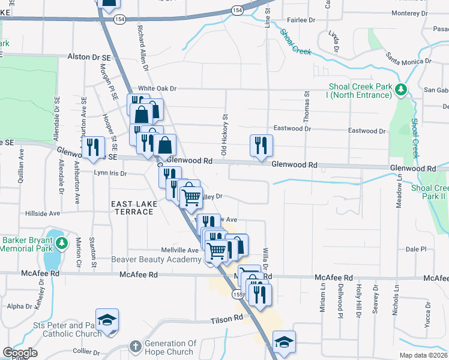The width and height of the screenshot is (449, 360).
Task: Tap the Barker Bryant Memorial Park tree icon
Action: click(62, 243)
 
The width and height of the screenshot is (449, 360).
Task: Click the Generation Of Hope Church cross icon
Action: click(136, 347)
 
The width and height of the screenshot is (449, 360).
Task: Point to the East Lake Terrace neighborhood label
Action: click(134, 208)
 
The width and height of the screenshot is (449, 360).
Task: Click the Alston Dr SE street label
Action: click(89, 56)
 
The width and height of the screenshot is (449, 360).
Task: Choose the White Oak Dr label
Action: click(157, 88)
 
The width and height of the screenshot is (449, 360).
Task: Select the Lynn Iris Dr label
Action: click(111, 173)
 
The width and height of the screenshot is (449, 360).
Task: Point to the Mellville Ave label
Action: click(179, 250)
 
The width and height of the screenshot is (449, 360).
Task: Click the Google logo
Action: click(20, 353)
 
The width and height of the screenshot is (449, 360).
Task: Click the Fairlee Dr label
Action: click(301, 20)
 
